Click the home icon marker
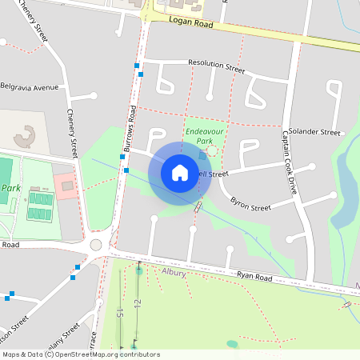coord(180,172)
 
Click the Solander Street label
coord(314,131)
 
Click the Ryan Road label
coord(254,278)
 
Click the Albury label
coord(174,273)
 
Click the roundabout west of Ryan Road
coord(97,245)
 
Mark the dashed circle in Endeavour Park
coord(212,150)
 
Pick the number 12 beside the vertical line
coord(138,304)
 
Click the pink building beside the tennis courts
coord(67,186)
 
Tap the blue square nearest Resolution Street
coord(142,74)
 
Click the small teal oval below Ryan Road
coord(232,344)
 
